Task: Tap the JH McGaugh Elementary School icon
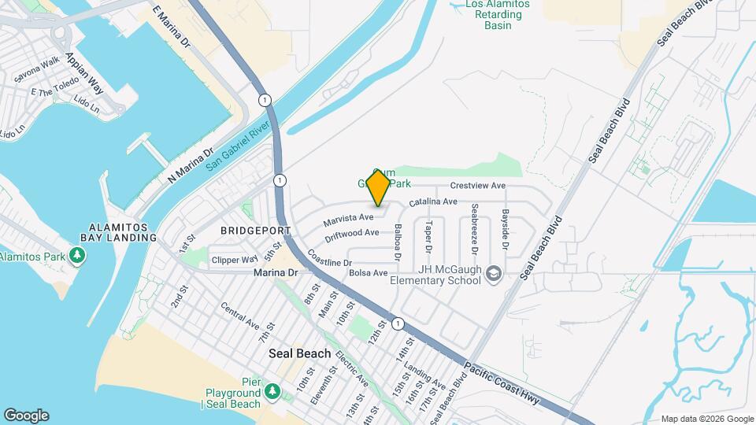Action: coord(494,273)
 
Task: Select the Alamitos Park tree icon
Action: coord(77,256)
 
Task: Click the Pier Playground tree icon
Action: coord(272,391)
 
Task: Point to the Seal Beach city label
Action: coord(300,353)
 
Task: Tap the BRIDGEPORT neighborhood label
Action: coord(256,231)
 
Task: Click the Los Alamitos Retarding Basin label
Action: coord(498,15)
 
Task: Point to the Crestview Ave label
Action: coord(477,186)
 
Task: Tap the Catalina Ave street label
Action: coord(433,201)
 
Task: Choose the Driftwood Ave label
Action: coord(353,234)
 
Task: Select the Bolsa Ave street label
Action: coord(369,273)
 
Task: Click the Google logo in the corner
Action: coord(25,415)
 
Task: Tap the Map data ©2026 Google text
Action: coord(706,419)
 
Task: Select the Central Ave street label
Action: coord(239,316)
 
